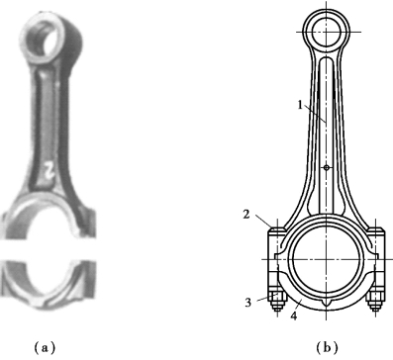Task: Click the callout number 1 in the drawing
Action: (300, 105)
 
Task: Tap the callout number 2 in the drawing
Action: (246, 215)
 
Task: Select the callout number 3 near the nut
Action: (248, 302)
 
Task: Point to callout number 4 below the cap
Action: (294, 315)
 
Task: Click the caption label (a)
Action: (45, 347)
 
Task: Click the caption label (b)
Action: (327, 347)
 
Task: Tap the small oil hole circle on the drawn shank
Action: (327, 168)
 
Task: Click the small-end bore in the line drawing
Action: (327, 32)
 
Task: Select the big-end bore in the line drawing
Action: (326, 259)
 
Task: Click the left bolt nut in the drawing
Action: (277, 297)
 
